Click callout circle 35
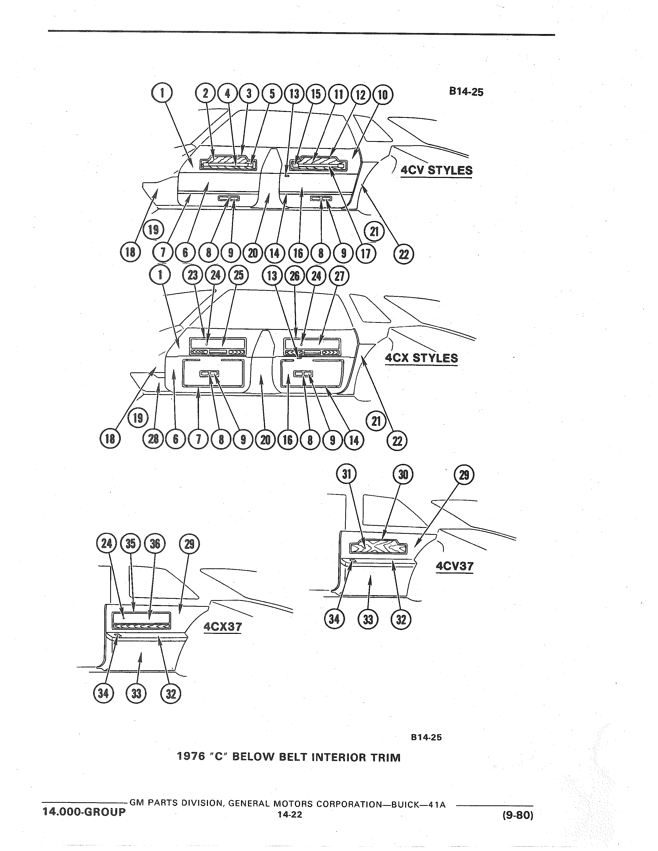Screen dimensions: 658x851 tap(131, 544)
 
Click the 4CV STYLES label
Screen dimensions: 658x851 tap(436, 170)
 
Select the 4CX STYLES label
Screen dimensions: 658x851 tap(421, 358)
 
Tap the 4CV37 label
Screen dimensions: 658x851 tap(454, 566)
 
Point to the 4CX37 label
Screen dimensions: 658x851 tap(223, 627)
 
